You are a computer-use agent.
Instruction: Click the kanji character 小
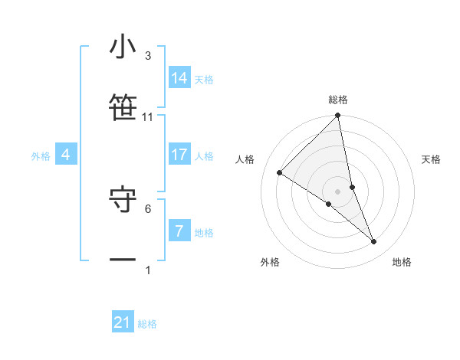[x=123, y=47]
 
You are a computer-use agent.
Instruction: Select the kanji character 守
[x=123, y=199]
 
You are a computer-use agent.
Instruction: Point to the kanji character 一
[x=123, y=260]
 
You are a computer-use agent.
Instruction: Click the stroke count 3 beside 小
[x=148, y=55]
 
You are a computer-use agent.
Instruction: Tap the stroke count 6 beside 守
[x=148, y=208]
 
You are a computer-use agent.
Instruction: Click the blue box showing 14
[x=179, y=78]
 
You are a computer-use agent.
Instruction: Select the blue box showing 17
[x=179, y=155]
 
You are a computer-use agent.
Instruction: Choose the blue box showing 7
[x=179, y=231]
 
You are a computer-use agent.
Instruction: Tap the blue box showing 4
[x=66, y=155]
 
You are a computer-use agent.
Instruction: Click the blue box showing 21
[x=123, y=322]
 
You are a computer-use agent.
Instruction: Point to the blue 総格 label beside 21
[x=147, y=324]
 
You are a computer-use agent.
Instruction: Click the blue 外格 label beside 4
[x=41, y=156]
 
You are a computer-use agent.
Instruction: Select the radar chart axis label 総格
[x=338, y=100]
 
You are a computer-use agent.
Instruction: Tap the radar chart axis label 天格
[x=431, y=159]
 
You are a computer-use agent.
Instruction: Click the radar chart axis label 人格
[x=245, y=159]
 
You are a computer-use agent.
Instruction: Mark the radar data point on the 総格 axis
[x=338, y=116]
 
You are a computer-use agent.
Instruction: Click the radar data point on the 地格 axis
[x=374, y=241]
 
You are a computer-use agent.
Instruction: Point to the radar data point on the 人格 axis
[x=280, y=173]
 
